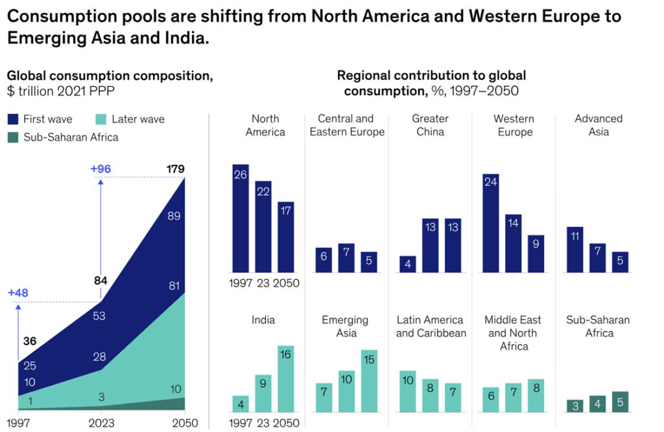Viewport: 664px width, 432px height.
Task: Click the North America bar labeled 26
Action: pyautogui.click(x=241, y=218)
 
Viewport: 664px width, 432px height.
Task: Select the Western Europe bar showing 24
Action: pyautogui.click(x=491, y=223)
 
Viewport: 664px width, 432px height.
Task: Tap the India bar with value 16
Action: pyautogui.click(x=285, y=379)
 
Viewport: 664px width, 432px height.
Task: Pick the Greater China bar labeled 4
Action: pyautogui.click(x=408, y=264)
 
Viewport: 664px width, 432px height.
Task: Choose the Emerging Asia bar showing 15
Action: pyautogui.click(x=369, y=381)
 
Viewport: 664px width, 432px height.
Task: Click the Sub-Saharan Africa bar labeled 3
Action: pyautogui.click(x=575, y=406)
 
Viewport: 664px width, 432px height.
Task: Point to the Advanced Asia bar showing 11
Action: pyautogui.click(x=575, y=250)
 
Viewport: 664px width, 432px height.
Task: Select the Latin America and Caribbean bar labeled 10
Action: pyautogui.click(x=408, y=392)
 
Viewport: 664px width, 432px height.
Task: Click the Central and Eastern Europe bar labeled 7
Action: pyautogui.click(x=346, y=258)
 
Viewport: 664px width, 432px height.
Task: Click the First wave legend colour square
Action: pyautogui.click(x=13, y=119)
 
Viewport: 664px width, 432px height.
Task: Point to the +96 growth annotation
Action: pyautogui.click(x=101, y=169)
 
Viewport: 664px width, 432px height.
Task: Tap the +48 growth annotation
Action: pyautogui.click(x=19, y=293)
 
